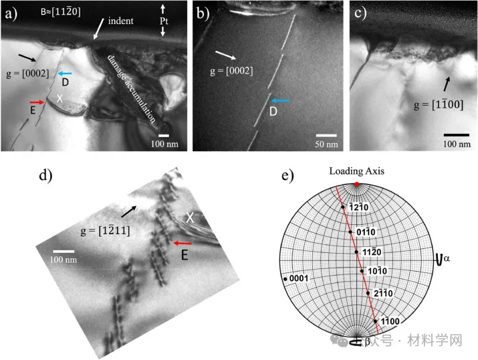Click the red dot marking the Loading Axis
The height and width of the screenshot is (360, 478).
[x=357, y=184]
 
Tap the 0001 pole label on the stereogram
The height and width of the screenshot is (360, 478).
[x=299, y=278]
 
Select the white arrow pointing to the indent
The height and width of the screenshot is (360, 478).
[x=98, y=29]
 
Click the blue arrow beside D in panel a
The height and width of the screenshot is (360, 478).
[x=65, y=73]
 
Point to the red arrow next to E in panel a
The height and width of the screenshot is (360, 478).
[x=37, y=102]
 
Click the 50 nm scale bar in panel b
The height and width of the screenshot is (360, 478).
[x=326, y=135]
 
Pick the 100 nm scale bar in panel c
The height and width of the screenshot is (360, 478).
[x=457, y=134]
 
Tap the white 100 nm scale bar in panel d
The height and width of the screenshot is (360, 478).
[x=64, y=252]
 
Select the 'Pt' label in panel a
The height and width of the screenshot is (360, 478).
[x=164, y=21]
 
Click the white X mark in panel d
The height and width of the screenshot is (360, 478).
[x=190, y=217]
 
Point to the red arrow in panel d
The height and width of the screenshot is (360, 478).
[x=183, y=243]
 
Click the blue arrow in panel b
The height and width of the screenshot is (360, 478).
[x=280, y=100]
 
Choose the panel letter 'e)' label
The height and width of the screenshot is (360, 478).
[x=288, y=176]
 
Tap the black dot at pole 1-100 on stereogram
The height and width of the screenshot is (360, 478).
[x=375, y=321]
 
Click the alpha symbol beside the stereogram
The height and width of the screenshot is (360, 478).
[x=447, y=258]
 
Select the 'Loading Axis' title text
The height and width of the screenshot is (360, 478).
[x=357, y=171]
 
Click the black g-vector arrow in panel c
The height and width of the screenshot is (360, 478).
[x=447, y=84]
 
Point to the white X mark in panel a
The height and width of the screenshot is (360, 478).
[x=59, y=98]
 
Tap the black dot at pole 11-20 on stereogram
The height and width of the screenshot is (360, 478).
[x=356, y=252]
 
